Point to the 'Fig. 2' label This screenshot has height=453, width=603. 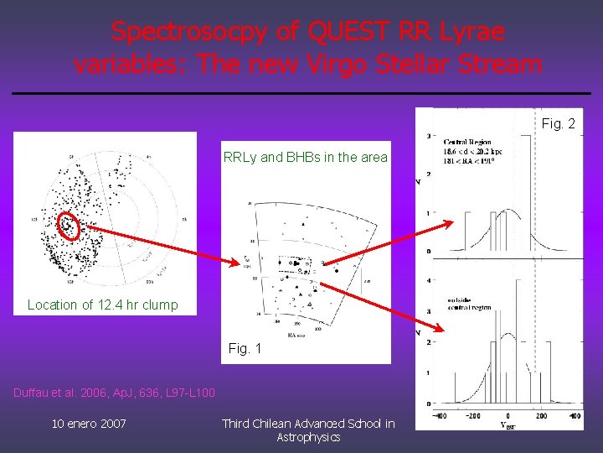pyautogui.click(x=558, y=123)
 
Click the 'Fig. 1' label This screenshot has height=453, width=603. pyautogui.click(x=245, y=347)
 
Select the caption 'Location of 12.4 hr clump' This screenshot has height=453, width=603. pyautogui.click(x=103, y=305)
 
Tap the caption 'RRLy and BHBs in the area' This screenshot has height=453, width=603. pyautogui.click(x=305, y=157)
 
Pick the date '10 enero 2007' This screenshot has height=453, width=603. pyautogui.click(x=89, y=424)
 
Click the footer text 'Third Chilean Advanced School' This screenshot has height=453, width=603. pyautogui.click(x=308, y=424)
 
